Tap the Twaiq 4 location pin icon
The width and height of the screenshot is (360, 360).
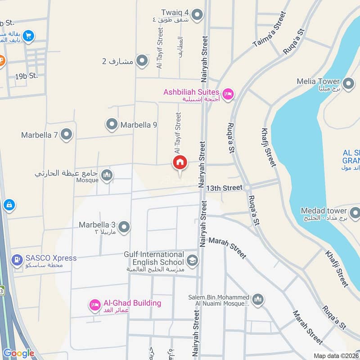[197, 16]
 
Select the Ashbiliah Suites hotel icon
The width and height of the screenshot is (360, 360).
[228, 94]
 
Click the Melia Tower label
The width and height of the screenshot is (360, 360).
[318, 81]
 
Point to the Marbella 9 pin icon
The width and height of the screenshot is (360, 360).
[112, 124]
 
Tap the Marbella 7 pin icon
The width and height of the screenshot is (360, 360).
[66, 134]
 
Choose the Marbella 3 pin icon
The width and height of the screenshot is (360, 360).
[124, 227]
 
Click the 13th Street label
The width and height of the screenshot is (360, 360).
[224, 187]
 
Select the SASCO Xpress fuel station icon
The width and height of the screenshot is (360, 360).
[17, 259]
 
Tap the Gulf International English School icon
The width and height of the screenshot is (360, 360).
[192, 260]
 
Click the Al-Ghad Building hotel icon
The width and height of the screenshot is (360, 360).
[94, 306]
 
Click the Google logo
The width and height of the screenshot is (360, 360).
[19, 353]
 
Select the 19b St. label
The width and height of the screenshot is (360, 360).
[26, 76]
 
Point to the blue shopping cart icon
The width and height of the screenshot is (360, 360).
[28, 36]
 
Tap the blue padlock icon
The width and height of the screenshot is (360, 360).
[9, 205]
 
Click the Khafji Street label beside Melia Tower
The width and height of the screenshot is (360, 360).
[267, 147]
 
